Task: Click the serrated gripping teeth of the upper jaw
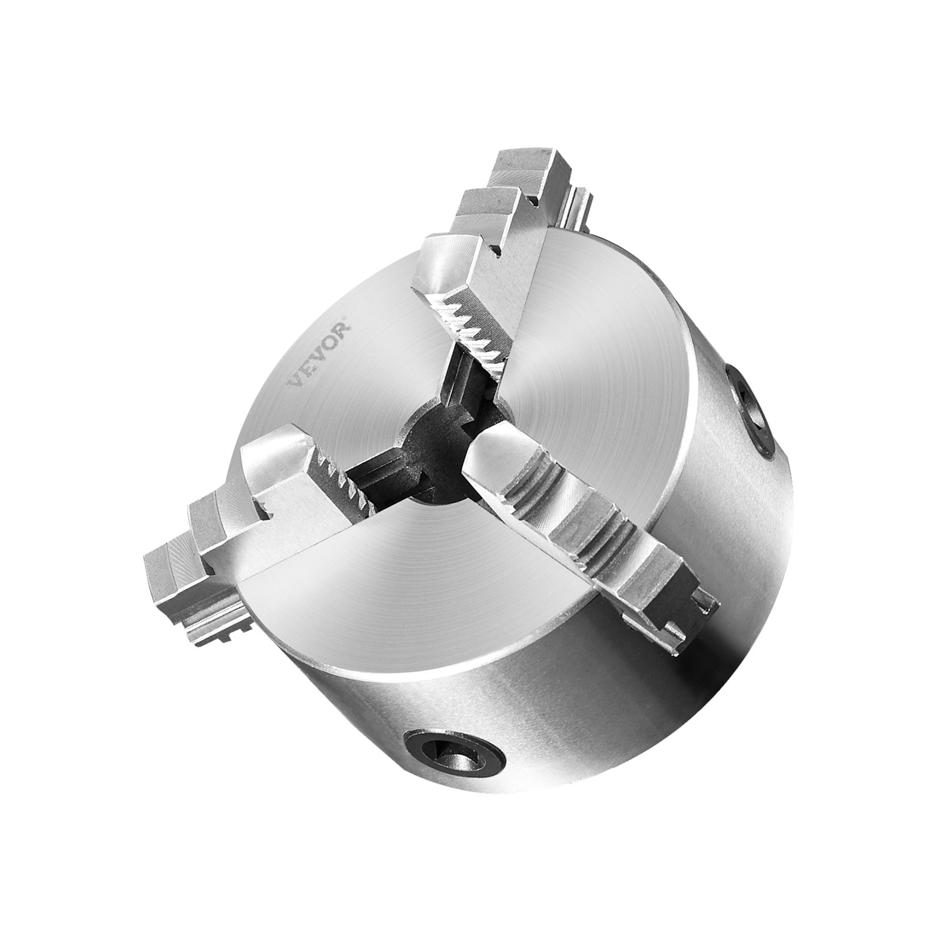click(471, 330)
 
